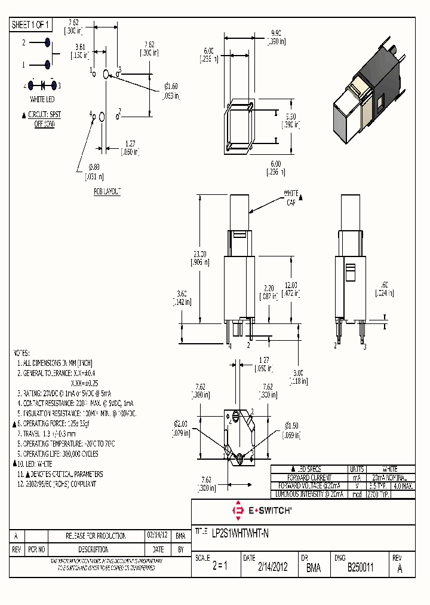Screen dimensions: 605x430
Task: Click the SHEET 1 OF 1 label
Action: pyautogui.click(x=32, y=25)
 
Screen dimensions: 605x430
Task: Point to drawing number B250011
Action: pyautogui.click(x=360, y=567)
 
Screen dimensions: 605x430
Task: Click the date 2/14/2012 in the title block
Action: pyautogui.click(x=272, y=567)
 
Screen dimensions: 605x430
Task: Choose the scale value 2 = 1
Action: pyautogui.click(x=219, y=567)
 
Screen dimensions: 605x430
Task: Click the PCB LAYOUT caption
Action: pyautogui.click(x=107, y=191)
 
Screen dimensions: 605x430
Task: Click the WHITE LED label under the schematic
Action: pyautogui.click(x=42, y=99)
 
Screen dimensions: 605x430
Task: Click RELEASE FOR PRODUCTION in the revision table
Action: pyautogui.click(x=95, y=536)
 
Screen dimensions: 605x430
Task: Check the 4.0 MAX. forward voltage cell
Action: pyautogui.click(x=404, y=487)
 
